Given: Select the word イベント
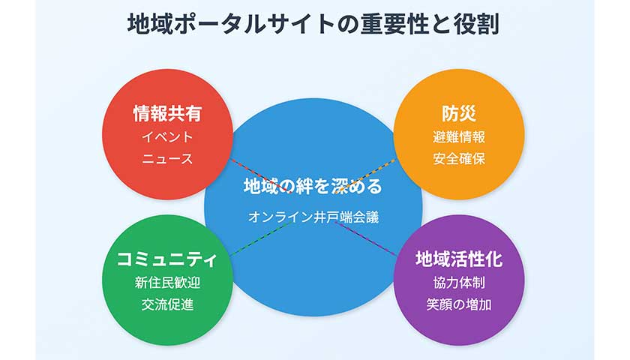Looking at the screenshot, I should point(166,137).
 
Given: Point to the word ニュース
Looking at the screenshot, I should point(166,159).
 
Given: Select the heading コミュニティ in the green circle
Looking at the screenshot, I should point(166,259).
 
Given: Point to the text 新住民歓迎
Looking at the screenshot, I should point(166,283).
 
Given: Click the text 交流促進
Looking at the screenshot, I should point(166,304).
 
